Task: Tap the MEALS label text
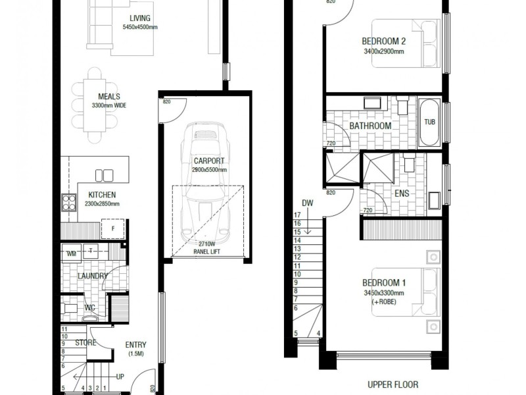click(x=109, y=96)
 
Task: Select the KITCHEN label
click(x=102, y=195)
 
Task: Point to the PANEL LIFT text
click(x=208, y=251)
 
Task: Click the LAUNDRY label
click(x=92, y=276)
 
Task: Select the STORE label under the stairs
click(x=85, y=342)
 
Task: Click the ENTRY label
click(x=135, y=344)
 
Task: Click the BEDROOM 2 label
click(x=384, y=39)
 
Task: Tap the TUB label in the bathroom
click(x=429, y=122)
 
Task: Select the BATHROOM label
click(x=370, y=126)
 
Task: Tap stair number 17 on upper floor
click(x=297, y=215)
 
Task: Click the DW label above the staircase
click(x=307, y=203)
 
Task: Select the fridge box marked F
click(x=113, y=229)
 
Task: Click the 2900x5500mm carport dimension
click(x=209, y=170)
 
